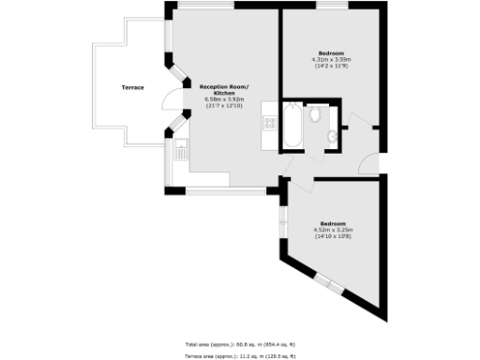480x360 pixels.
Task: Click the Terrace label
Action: pyautogui.click(x=133, y=87)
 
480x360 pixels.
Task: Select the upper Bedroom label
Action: pyautogui.click(x=331, y=52)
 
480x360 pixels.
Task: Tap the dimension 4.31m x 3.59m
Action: pyautogui.click(x=331, y=59)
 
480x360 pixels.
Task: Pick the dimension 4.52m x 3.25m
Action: pyautogui.click(x=333, y=230)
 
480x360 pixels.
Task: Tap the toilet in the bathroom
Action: pyautogui.click(x=317, y=115)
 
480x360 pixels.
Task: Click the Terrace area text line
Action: pyautogui.click(x=239, y=356)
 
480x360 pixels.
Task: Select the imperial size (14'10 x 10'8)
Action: pyautogui.click(x=333, y=236)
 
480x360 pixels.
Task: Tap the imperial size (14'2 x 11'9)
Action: pyautogui.click(x=331, y=66)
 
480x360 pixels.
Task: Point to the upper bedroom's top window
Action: pyautogui.click(x=331, y=7)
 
